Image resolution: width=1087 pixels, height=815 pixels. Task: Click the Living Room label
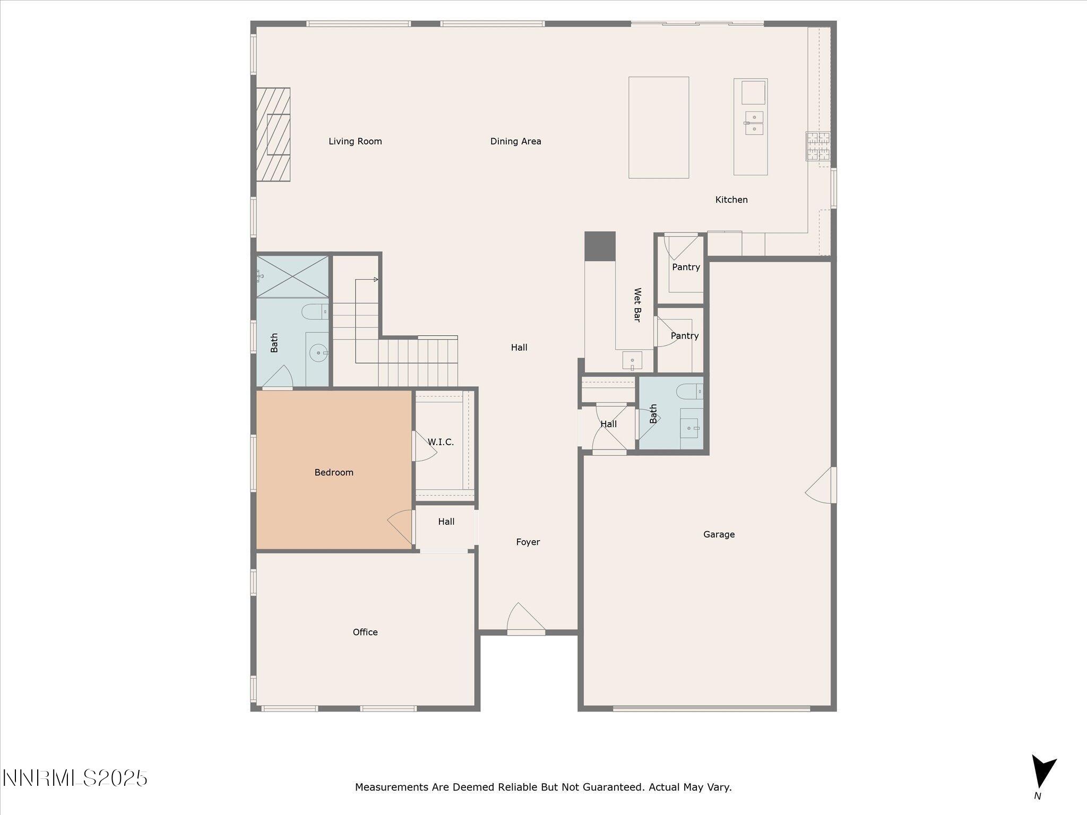click(x=355, y=141)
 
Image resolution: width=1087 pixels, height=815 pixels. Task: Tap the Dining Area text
click(x=515, y=141)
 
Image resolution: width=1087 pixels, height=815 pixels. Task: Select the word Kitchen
click(x=731, y=200)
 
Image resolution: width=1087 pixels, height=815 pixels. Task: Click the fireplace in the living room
click(x=273, y=135)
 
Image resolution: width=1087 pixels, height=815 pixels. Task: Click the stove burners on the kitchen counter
click(x=818, y=146)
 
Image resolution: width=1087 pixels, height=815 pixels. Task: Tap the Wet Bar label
click(x=637, y=305)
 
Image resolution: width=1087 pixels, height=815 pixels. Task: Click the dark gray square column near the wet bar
click(x=600, y=246)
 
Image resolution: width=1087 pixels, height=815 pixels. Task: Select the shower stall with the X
click(x=292, y=276)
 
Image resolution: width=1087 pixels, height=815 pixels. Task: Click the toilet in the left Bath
click(x=315, y=311)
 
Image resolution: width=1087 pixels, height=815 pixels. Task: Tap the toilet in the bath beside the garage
click(x=689, y=392)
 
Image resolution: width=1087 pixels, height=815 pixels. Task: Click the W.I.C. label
click(x=441, y=442)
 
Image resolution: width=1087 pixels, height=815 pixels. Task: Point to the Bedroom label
click(x=334, y=472)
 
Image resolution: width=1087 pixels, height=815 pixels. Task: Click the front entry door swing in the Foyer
click(x=525, y=618)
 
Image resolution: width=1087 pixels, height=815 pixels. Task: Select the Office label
click(x=365, y=632)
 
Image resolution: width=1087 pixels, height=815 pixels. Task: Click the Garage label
click(x=719, y=534)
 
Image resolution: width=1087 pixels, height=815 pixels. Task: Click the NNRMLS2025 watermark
click(x=75, y=778)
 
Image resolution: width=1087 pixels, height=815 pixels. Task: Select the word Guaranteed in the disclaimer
click(x=612, y=787)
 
